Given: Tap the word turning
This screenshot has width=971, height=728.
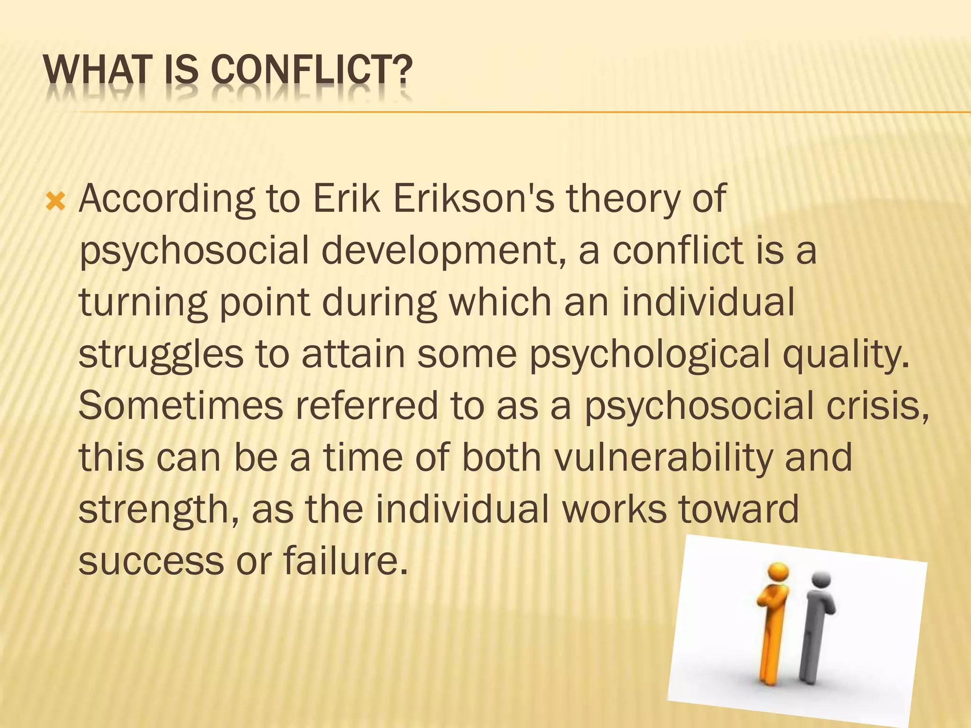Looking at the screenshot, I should [142, 303].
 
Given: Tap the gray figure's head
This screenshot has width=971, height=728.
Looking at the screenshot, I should [822, 580].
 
